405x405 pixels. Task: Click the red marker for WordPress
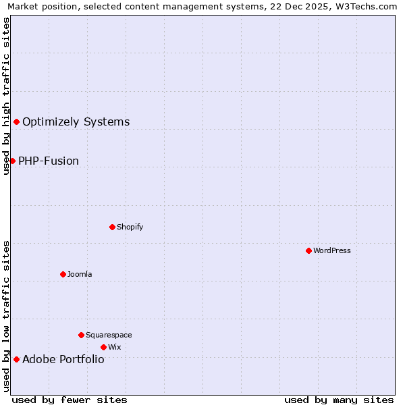click(x=308, y=250)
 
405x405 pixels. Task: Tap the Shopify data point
click(x=113, y=227)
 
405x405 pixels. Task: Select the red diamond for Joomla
click(x=63, y=274)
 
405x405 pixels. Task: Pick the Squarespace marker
click(x=81, y=335)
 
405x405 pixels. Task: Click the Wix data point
click(x=103, y=347)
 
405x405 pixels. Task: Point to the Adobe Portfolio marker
click(x=16, y=359)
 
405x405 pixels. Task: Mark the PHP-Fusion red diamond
click(x=12, y=161)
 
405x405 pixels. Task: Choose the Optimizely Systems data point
click(x=16, y=122)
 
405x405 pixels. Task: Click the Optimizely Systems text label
click(x=76, y=122)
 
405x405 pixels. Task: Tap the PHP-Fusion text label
click(x=49, y=161)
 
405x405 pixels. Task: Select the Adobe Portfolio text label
click(x=63, y=360)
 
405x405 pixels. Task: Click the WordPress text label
click(x=332, y=250)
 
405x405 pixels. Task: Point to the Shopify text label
click(x=130, y=227)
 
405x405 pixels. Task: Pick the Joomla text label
click(x=80, y=274)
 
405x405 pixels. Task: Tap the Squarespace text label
click(x=109, y=335)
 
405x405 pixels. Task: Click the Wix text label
click(x=115, y=347)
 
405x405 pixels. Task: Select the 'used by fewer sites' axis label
click(x=70, y=400)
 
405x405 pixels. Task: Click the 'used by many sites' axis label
click(x=339, y=400)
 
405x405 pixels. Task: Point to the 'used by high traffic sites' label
click(x=6, y=96)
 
